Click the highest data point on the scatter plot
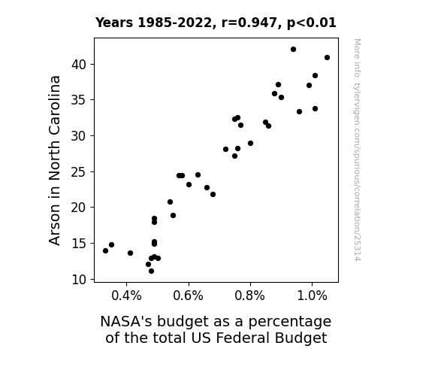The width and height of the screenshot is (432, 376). [293, 50]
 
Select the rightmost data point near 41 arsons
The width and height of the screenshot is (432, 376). [327, 58]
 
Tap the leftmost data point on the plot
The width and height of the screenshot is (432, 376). [105, 250]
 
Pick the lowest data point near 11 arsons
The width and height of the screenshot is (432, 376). [151, 271]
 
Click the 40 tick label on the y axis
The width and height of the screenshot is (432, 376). [79, 65]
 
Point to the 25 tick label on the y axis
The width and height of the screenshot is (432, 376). [79, 172]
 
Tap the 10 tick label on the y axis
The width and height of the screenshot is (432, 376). [79, 280]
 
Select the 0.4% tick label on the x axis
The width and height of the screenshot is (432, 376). [126, 296]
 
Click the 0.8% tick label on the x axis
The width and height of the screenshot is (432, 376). [250, 296]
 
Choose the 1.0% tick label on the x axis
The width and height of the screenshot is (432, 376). [312, 296]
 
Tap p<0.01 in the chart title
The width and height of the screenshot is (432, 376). [312, 23]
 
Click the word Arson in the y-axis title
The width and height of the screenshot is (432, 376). [55, 225]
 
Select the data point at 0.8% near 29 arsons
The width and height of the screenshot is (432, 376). [250, 144]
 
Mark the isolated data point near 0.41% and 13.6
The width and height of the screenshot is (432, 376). [130, 253]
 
